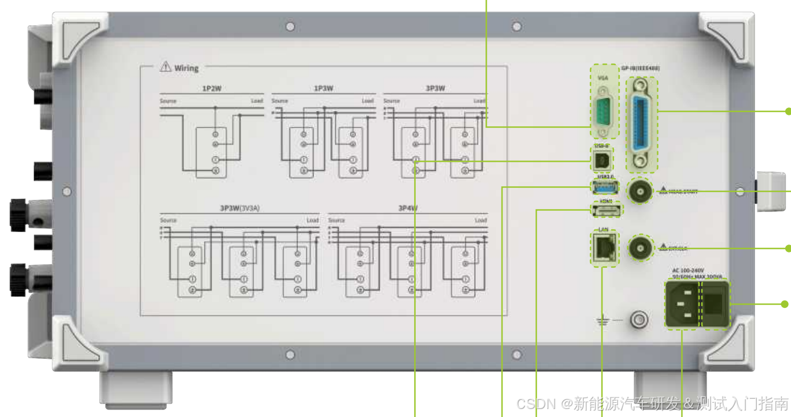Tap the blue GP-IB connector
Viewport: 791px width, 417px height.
pos(642,124)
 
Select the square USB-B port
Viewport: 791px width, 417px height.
pos(601,162)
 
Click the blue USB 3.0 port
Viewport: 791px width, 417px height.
pos(605,186)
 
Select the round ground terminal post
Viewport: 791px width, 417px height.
pos(639,320)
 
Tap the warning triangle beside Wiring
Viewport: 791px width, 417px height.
pos(166,67)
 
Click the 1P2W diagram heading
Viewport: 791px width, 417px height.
pos(212,89)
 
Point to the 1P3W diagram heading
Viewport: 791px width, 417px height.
pos(323,89)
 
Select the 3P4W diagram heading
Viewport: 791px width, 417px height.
pos(408,209)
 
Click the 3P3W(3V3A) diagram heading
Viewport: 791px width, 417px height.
pos(239,209)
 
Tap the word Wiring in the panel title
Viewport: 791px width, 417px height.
pos(186,68)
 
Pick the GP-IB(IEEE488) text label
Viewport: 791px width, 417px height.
pos(640,68)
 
